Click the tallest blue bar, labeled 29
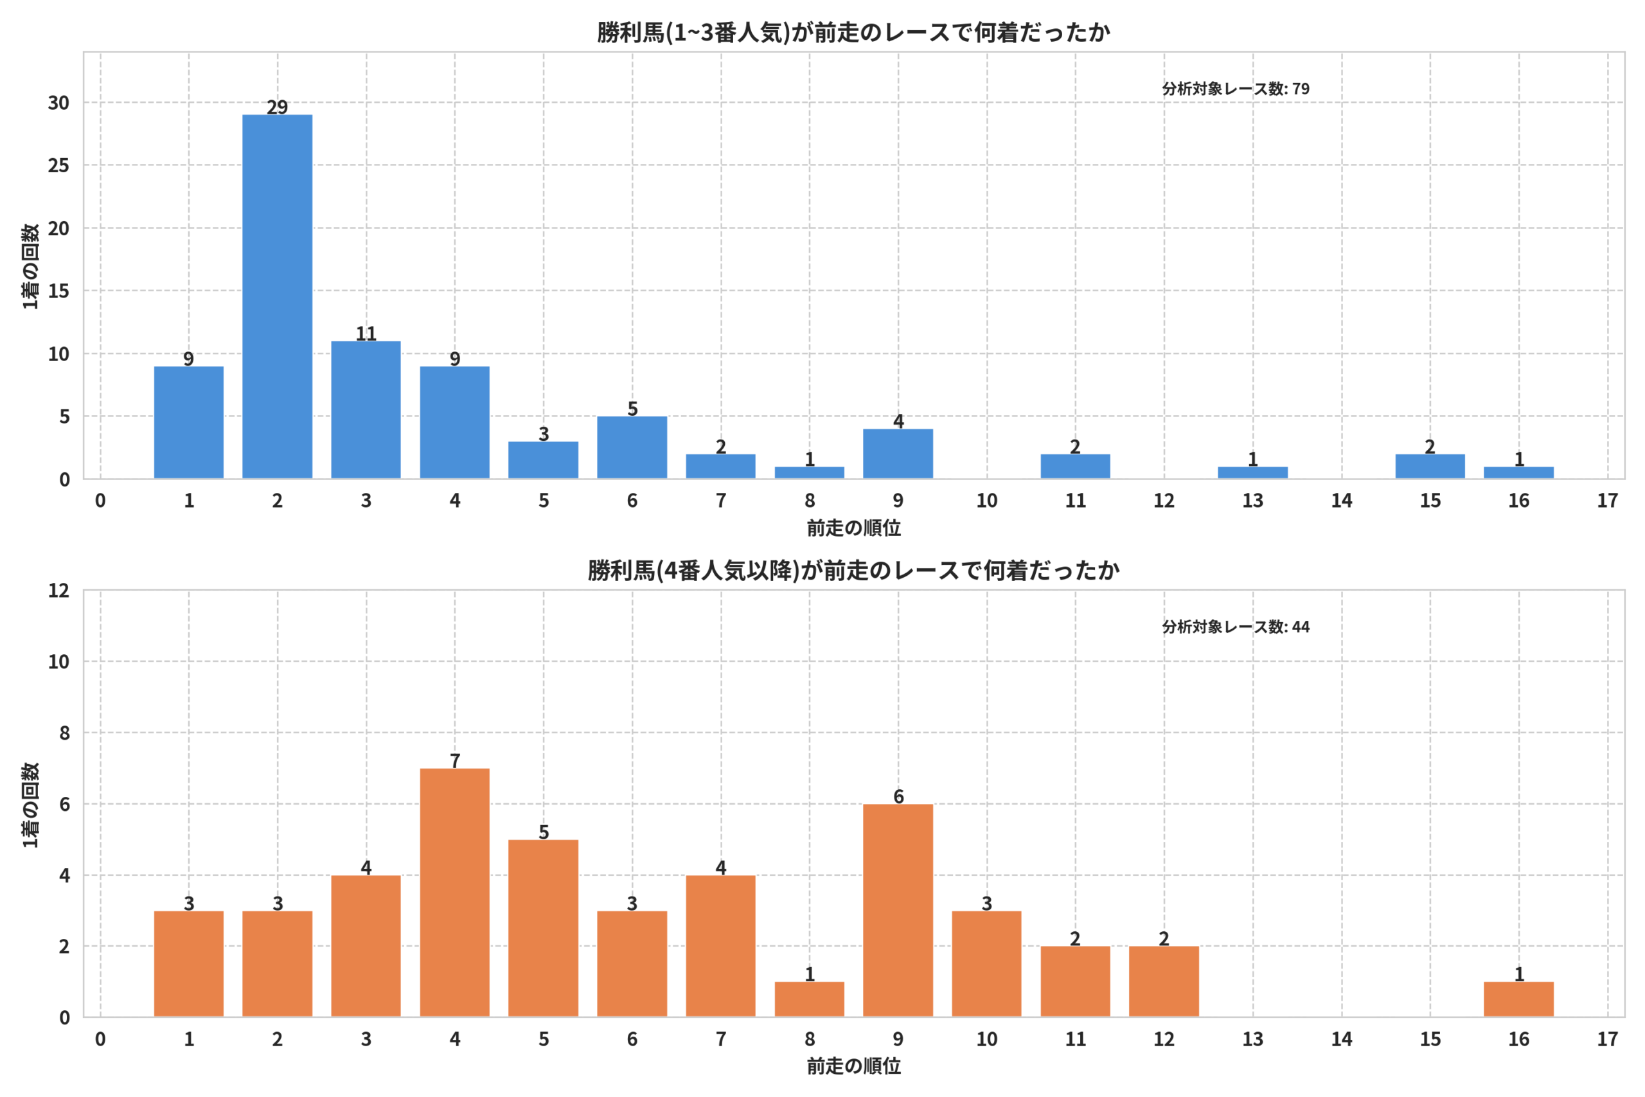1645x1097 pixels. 277,297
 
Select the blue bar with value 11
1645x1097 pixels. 366,410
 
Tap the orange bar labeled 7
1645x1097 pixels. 454,893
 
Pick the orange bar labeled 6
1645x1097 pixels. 898,911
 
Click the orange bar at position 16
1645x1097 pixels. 1518,1000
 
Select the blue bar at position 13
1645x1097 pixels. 1252,473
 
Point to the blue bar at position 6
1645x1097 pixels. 632,448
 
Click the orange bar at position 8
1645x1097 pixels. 809,1000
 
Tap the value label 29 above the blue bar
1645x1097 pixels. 277,107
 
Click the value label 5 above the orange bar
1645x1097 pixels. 544,832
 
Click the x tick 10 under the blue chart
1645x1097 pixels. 987,501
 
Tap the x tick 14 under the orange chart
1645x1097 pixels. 1342,1039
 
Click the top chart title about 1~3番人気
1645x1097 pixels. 853,32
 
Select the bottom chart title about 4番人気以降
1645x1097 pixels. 853,570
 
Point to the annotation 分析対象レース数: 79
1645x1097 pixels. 1236,89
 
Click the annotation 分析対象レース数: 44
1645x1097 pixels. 1236,627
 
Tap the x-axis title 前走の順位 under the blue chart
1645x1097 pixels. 853,528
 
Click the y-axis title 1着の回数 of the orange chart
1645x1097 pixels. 31,805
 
